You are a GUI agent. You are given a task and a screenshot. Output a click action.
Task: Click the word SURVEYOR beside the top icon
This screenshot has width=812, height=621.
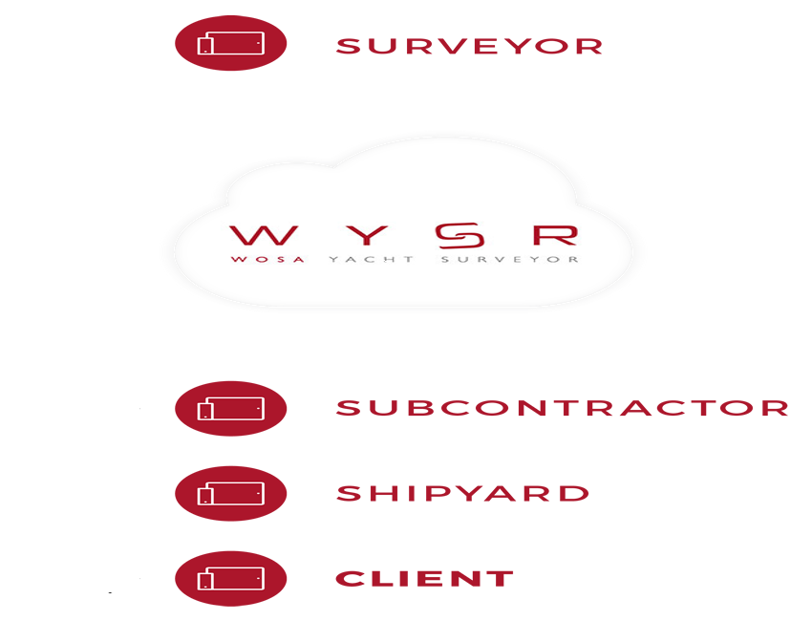pyautogui.click(x=469, y=46)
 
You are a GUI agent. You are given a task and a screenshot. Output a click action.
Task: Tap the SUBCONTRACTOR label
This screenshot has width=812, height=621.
pyautogui.click(x=562, y=408)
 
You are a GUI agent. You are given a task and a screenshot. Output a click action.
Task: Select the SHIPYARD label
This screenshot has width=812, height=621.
pyautogui.click(x=462, y=494)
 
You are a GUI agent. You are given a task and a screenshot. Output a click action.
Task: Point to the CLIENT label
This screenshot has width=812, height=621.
pyautogui.click(x=425, y=578)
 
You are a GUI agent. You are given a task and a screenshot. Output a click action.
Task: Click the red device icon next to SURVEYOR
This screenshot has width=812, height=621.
pyautogui.click(x=230, y=44)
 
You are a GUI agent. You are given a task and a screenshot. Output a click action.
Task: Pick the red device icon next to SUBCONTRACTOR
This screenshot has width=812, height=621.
pyautogui.click(x=230, y=409)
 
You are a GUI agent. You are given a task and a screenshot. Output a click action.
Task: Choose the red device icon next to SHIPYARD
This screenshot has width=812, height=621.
pyautogui.click(x=230, y=494)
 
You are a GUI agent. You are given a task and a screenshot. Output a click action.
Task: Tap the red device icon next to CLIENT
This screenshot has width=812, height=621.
pyautogui.click(x=230, y=579)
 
